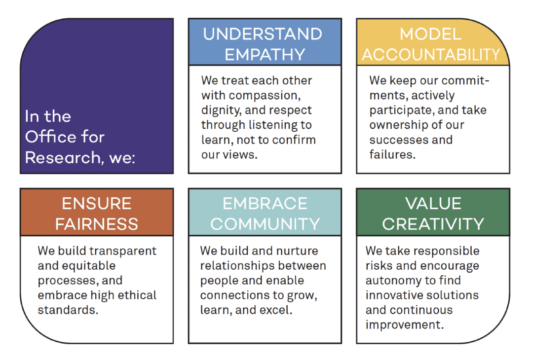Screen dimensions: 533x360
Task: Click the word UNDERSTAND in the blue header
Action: point(263,34)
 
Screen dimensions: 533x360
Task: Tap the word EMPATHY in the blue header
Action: point(265,55)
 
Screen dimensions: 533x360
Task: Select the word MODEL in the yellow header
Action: point(430,34)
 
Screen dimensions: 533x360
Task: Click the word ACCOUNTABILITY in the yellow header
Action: point(431,55)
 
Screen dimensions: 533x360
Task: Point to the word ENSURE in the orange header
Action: point(97,204)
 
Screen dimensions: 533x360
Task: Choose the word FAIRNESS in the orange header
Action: point(97,224)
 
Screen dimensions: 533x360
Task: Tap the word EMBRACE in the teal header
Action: point(265,204)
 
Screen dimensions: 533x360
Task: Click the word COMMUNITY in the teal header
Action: point(265,224)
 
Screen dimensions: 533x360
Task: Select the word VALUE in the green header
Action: point(433,204)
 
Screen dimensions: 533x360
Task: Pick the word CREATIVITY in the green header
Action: point(433,224)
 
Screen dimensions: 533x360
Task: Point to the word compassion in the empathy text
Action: point(265,96)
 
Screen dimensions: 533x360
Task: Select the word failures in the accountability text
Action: point(392,154)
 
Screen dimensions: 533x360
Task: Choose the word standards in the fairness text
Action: point(68,310)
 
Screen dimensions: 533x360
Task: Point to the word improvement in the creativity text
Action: point(405,325)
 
